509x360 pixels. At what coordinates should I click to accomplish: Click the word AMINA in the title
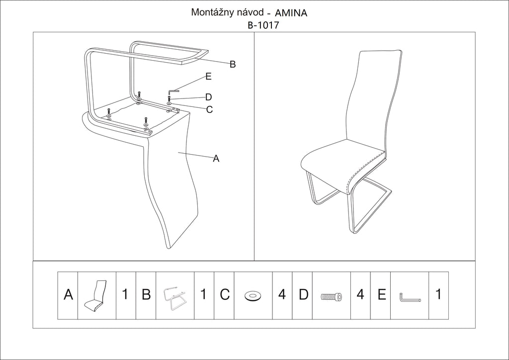291,13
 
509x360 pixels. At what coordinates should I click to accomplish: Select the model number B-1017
263,25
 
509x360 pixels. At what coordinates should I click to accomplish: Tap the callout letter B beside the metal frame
233,64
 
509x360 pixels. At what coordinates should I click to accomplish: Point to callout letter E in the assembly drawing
208,76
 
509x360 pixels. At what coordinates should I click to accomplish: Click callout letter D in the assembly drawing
208,97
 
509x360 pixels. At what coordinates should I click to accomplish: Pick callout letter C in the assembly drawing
209,110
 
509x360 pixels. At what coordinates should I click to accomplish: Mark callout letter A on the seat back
216,159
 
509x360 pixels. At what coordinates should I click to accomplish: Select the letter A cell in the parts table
68,295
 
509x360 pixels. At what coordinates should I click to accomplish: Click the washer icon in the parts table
253,296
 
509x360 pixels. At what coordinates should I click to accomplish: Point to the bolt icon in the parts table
331,296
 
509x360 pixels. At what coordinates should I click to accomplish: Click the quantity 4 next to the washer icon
282,294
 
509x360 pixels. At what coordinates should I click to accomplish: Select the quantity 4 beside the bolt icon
360,294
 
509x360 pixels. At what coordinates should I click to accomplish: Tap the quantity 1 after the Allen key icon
438,294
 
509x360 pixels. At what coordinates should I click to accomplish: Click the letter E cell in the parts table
381,295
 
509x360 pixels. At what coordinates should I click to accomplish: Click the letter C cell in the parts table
225,295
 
